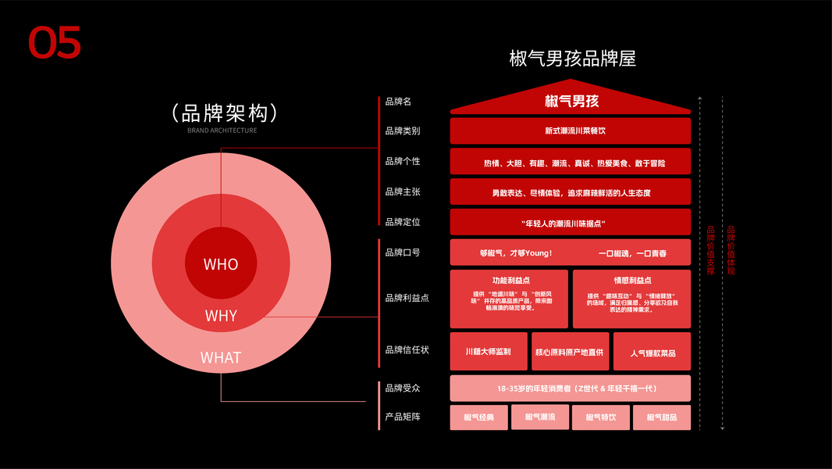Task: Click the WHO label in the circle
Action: [x=221, y=264]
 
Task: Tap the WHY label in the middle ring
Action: [x=221, y=316]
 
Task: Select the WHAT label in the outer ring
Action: [x=221, y=357]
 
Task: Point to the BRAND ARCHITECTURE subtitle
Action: [x=222, y=131]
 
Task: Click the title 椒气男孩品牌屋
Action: [x=572, y=59]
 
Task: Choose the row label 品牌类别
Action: [x=403, y=131]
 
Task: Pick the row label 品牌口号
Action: [x=403, y=252]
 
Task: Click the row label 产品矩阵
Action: [x=403, y=417]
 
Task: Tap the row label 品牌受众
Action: [x=403, y=388]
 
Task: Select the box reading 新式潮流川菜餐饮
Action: [x=571, y=131]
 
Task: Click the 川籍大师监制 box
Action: [x=488, y=352]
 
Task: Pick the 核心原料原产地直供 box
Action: [x=570, y=352]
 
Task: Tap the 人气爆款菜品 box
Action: [x=652, y=353]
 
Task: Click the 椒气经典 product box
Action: [x=479, y=417]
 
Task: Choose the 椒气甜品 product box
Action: [x=662, y=417]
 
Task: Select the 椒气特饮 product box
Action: [x=601, y=417]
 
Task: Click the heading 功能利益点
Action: [x=509, y=280]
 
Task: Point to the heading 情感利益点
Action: [x=631, y=280]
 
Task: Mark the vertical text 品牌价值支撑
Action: [x=710, y=250]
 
